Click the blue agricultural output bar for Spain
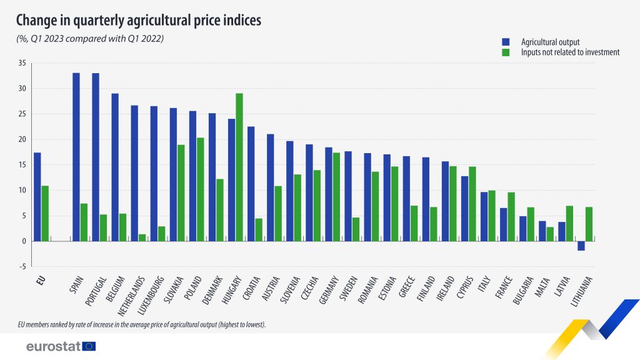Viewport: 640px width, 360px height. [x=76, y=157]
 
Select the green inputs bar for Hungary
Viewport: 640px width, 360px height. [x=239, y=167]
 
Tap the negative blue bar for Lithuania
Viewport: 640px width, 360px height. [x=581, y=246]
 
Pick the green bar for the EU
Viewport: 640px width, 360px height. [x=45, y=213]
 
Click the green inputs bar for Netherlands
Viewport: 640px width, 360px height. [x=142, y=237]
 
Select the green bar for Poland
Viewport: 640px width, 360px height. [x=200, y=189]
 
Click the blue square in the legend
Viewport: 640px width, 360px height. [x=506, y=42]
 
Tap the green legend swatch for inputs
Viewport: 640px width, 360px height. [x=506, y=52]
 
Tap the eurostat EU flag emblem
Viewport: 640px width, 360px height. [x=89, y=346]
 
